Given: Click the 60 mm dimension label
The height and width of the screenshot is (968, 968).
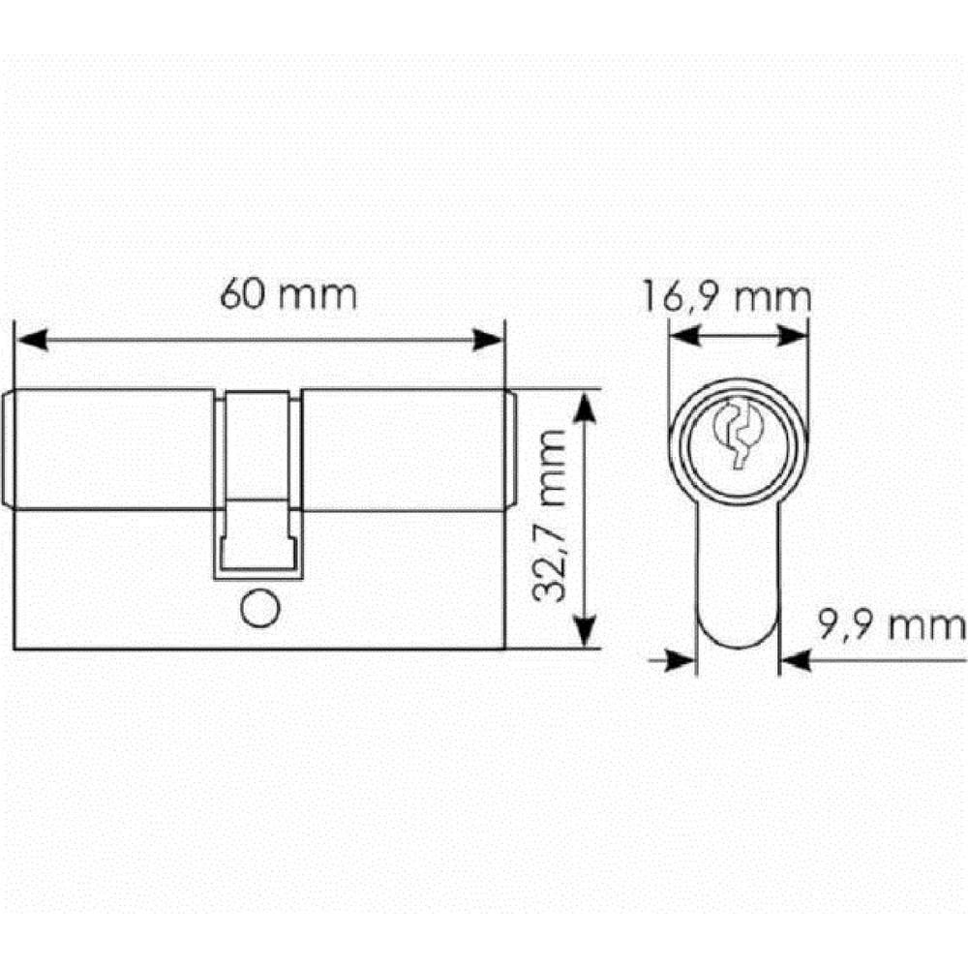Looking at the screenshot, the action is tap(288, 294).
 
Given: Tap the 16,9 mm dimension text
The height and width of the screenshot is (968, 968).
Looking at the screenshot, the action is tap(727, 296).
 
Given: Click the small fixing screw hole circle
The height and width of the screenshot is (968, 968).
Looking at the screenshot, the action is tap(259, 608).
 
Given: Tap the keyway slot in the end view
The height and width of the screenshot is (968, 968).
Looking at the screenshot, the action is tap(739, 432).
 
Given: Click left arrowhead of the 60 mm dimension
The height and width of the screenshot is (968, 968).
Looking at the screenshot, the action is tap(32, 340).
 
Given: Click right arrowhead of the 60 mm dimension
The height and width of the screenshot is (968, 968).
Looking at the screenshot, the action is tap(488, 340).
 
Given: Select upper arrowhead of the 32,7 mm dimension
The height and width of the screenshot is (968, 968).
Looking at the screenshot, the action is tap(585, 407).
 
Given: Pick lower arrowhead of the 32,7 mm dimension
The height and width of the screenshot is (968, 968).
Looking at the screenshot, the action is tap(585, 631).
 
